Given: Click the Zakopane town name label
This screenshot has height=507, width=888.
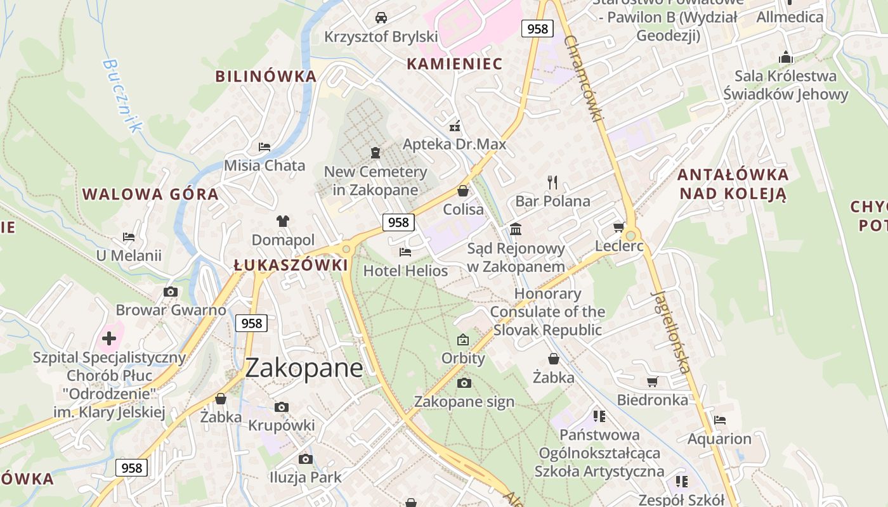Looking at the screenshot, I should click(304, 368).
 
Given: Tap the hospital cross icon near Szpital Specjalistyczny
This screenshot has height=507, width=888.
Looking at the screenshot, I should click(109, 338).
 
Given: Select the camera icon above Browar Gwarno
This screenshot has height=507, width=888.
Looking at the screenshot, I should click(170, 292).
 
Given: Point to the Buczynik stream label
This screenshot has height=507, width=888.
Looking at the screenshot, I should click(120, 95).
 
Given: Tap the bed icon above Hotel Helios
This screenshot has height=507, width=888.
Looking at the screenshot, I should click(405, 252).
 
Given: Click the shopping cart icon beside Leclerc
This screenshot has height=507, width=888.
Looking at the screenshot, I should click(619, 227).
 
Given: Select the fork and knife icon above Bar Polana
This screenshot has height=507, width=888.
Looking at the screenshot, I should click(552, 183).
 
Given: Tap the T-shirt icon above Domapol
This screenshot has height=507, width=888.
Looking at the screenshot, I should click(283, 221).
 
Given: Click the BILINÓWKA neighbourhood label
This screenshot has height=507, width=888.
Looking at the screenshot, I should click(265, 77).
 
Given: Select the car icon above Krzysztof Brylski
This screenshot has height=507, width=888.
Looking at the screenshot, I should click(381, 17).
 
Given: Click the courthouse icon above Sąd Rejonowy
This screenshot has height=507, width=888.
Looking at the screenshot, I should click(516, 229).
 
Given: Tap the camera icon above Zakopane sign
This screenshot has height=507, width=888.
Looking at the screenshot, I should click(464, 383).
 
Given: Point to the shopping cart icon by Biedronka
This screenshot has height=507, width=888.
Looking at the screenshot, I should click(652, 382).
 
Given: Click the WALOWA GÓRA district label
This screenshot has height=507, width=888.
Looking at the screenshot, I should click(150, 195).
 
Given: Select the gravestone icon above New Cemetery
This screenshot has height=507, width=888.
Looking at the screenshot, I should click(375, 153).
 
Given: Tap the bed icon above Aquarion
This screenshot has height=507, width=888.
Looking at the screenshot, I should click(719, 420).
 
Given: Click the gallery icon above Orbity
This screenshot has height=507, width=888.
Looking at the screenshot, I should click(463, 340).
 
